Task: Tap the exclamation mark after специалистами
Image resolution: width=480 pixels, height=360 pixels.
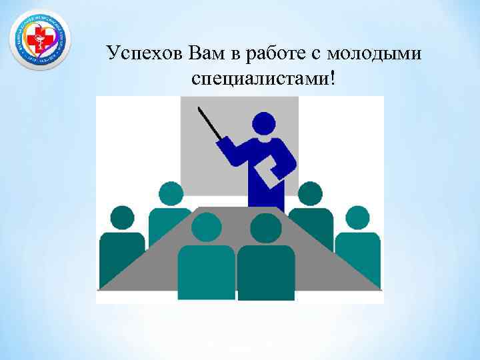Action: click(333, 78)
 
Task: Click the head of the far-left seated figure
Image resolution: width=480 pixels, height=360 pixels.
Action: click(122, 217)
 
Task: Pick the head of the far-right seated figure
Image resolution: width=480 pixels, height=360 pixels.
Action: click(358, 217)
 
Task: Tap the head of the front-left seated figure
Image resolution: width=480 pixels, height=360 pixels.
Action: click(206, 227)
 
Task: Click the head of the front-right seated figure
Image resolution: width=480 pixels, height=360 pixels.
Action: click(266, 227)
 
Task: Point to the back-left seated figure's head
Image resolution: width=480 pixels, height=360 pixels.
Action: click(171, 194)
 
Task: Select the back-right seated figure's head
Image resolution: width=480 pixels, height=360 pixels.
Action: click(310, 194)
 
